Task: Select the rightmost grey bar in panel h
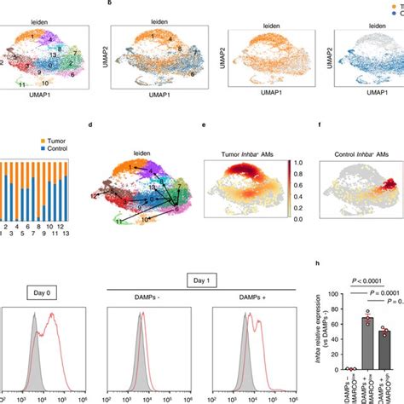pos(385,353)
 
